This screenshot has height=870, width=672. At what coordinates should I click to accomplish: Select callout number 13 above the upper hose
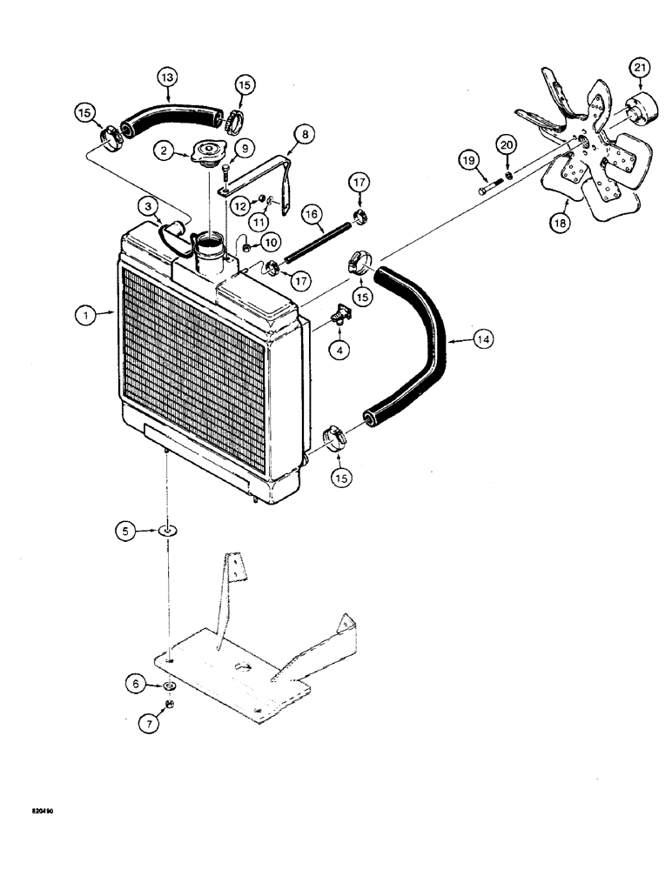click(166, 76)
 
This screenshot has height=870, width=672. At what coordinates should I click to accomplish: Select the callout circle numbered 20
click(507, 144)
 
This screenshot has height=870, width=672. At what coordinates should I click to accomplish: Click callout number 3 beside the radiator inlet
click(150, 206)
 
